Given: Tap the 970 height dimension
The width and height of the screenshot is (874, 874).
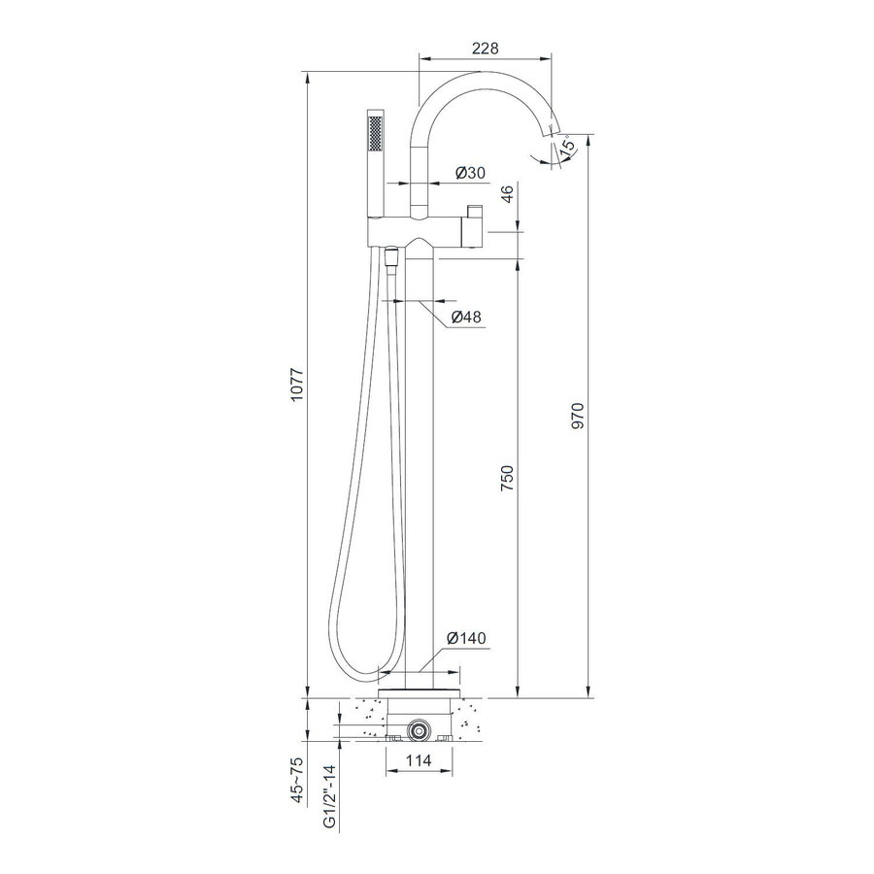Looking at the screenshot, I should click(580, 414).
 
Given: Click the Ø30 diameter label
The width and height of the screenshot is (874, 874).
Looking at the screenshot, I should click(471, 174).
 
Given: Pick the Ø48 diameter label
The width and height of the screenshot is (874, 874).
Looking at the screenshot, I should click(466, 318).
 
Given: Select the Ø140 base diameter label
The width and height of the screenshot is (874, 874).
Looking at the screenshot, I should click(466, 638).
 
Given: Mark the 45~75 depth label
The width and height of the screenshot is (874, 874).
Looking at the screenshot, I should click(297, 777).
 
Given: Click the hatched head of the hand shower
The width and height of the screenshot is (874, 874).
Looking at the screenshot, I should click(375, 128).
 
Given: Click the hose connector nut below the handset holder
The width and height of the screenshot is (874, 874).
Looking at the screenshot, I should click(391, 258).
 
